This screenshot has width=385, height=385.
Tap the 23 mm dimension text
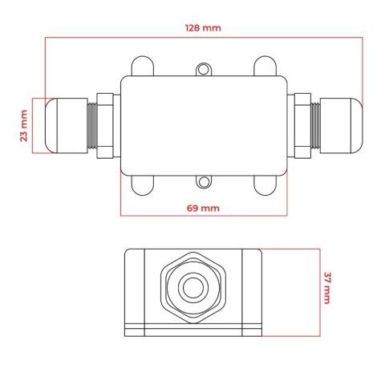pos(23,126)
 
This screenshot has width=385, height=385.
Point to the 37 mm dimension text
pos(327,288)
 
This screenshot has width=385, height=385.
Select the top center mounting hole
pos(204,70)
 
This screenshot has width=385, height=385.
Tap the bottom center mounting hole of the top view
pos(204,184)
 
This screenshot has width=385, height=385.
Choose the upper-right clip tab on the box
pos(265,66)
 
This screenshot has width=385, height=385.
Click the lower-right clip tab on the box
pos(265,186)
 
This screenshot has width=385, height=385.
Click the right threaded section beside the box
pos(304,125)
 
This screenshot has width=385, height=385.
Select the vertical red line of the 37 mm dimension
pos(318,290)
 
